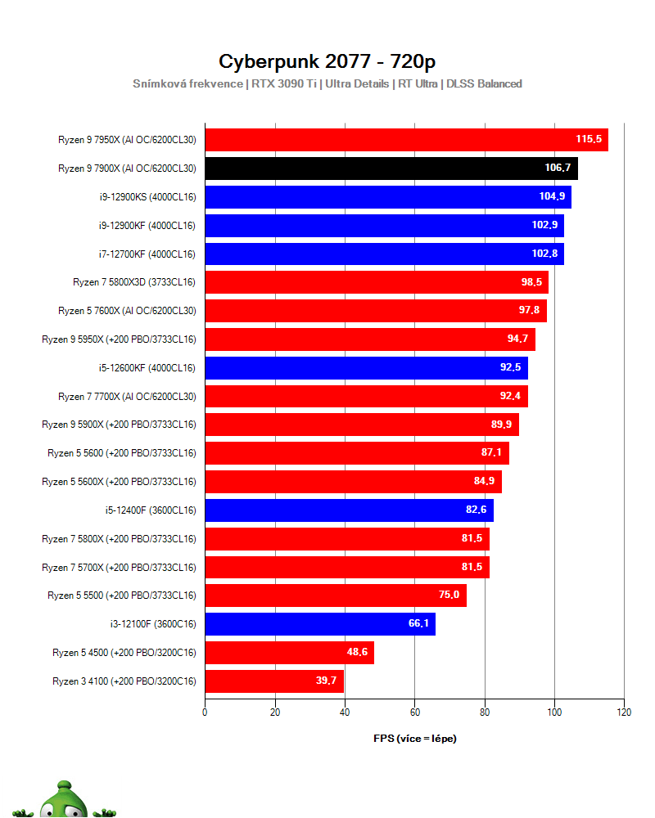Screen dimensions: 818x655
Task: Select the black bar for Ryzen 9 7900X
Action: pos(391,169)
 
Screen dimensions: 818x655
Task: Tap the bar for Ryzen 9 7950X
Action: pos(405,140)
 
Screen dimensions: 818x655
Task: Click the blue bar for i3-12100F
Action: pos(319,624)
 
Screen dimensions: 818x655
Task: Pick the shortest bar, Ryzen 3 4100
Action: pos(273,681)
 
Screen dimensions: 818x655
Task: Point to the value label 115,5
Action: pos(588,140)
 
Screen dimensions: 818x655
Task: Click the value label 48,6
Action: pos(358,653)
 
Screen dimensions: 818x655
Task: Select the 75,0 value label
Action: pos(449,596)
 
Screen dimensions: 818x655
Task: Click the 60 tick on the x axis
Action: pos(414,712)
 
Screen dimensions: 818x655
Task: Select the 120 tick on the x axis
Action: pos(624,712)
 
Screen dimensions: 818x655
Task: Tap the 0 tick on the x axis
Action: pos(205,712)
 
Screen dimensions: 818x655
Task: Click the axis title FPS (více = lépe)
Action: pos(414,739)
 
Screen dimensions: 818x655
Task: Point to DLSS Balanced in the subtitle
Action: pos(484,83)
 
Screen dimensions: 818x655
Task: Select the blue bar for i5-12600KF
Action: pos(366,368)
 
